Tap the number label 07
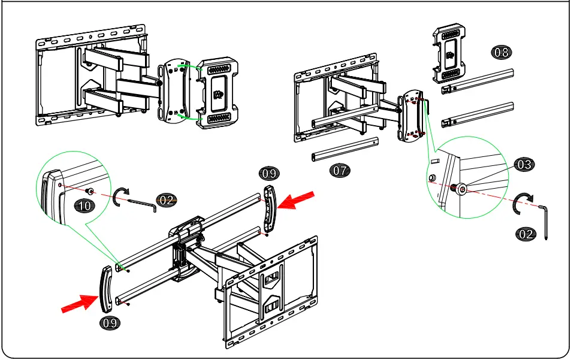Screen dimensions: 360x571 pos(340,170)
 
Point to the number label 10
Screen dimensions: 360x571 pos(84,205)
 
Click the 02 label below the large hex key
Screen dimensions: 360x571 pos(525,234)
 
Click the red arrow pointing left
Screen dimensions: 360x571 pos(296,200)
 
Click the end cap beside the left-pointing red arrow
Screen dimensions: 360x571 pos(270,208)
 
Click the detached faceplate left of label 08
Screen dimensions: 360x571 pos(448,55)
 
